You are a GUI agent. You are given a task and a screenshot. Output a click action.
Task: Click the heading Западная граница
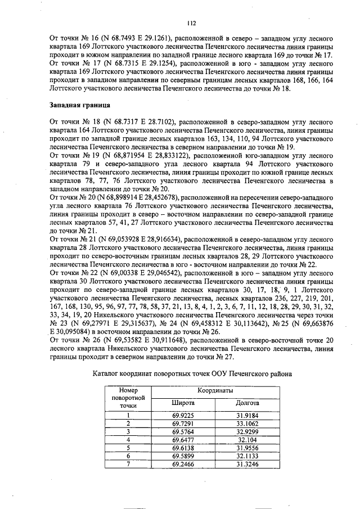[78, 105]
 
